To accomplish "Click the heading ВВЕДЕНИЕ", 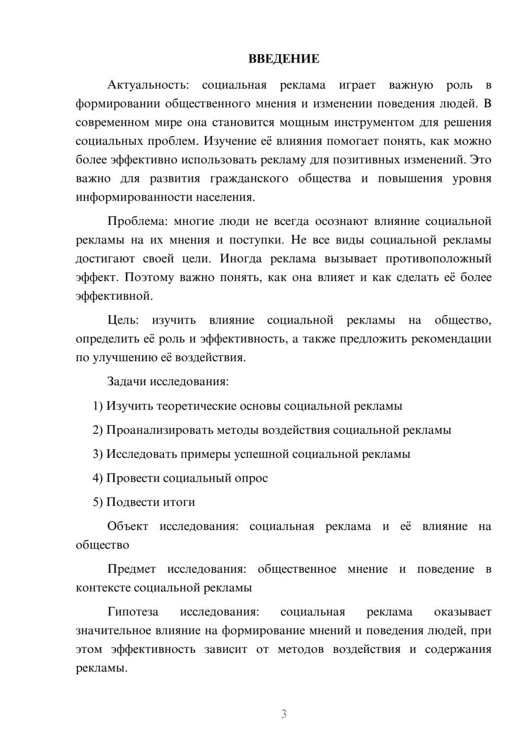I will click(284, 59).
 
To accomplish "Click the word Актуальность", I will click(147, 85).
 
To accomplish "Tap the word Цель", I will click(122, 320).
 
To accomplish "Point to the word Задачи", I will click(127, 381).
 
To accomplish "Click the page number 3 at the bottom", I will click(284, 714).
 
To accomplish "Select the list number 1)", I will click(98, 406).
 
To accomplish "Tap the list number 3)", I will click(98, 454).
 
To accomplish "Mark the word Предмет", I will click(131, 569).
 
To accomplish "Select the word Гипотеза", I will click(132, 612).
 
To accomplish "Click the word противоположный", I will click(438, 259).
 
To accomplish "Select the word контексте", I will click(103, 588).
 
